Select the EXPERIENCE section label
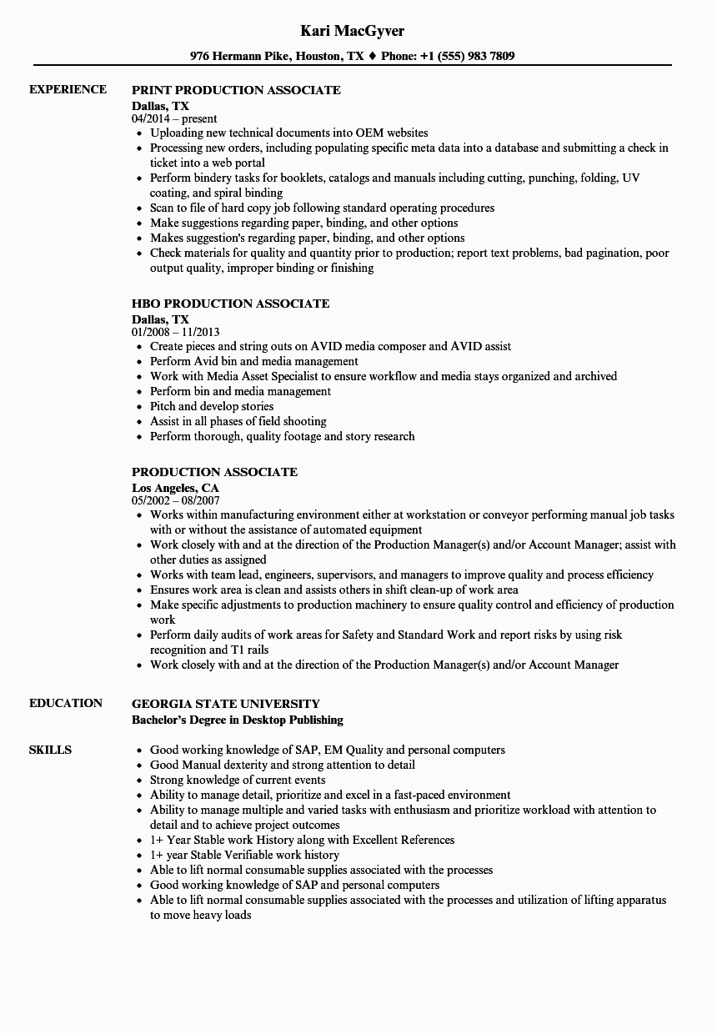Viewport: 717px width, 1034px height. pos(68,89)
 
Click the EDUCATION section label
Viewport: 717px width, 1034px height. pos(66,703)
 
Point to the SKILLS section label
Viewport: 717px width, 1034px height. pos(50,750)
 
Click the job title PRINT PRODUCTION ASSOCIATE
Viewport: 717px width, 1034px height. pos(236,90)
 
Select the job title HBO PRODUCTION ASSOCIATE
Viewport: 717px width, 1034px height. pos(230,304)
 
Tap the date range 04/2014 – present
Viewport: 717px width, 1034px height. pos(174,119)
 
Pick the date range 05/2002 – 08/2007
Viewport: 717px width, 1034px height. pos(176,501)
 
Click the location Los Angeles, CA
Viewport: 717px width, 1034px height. pos(175,487)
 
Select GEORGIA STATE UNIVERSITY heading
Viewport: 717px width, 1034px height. pos(225,704)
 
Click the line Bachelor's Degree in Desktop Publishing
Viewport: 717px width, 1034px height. pos(237,720)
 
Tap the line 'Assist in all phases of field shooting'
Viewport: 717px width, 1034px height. pos(238,421)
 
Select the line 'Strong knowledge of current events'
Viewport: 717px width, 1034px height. pos(238,780)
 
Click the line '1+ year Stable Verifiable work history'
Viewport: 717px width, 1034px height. pos(244,855)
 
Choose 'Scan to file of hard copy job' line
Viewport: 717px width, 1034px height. pos(322,208)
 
